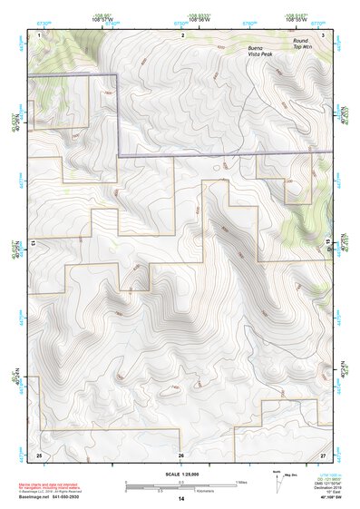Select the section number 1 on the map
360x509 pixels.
tap(40, 34)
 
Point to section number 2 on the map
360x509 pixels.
tap(183, 34)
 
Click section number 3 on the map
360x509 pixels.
tap(324, 34)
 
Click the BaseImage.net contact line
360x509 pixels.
tap(63, 497)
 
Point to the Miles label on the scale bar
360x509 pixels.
tap(241, 481)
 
